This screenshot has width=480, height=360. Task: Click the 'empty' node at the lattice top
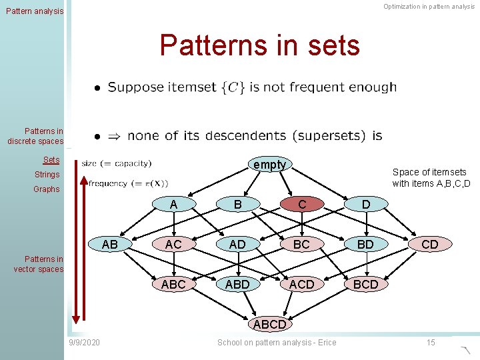click(x=269, y=165)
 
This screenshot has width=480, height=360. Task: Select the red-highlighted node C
click(x=302, y=205)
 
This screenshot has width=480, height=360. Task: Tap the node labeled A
click(x=173, y=205)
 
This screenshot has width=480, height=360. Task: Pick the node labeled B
click(x=237, y=205)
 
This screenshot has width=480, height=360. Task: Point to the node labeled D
click(x=365, y=205)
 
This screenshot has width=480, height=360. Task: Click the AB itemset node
click(x=110, y=245)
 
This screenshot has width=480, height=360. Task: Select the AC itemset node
click(x=173, y=245)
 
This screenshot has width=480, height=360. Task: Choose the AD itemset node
click(x=237, y=245)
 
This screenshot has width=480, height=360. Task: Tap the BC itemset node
click(x=302, y=245)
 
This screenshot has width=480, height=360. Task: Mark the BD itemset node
click(x=365, y=245)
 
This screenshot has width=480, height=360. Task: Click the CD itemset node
click(x=430, y=245)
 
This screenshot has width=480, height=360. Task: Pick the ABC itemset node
click(x=173, y=285)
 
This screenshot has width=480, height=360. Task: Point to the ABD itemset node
click(x=237, y=285)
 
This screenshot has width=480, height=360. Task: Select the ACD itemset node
click(x=302, y=285)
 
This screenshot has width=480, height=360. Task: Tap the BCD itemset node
click(x=365, y=285)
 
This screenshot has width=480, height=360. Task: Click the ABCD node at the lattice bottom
click(x=269, y=325)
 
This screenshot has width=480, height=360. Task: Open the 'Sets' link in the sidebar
click(x=51, y=160)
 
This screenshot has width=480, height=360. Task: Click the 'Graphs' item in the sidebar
click(x=47, y=189)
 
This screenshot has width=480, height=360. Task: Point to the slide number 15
click(x=431, y=343)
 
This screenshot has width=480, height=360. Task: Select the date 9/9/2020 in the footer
click(x=85, y=343)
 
